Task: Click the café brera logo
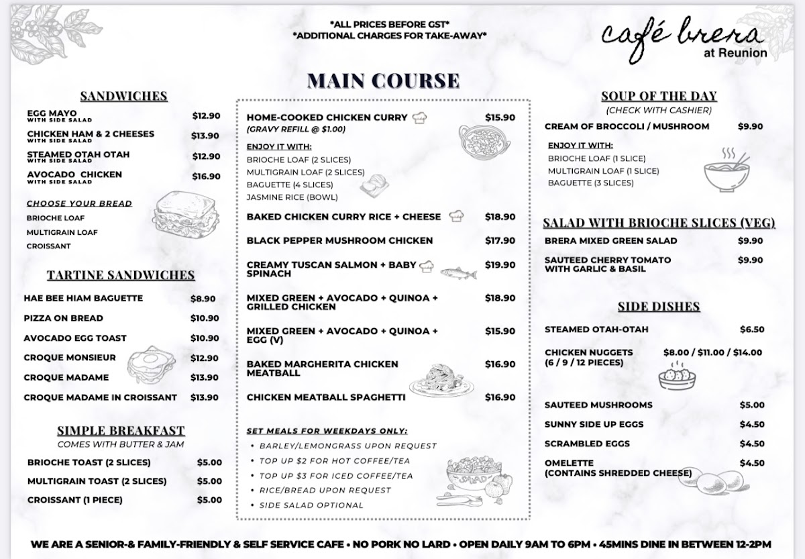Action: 682,40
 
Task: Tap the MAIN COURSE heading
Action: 383,81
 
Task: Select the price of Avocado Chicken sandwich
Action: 206,176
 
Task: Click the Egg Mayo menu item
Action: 52,113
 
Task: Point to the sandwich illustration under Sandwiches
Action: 181,214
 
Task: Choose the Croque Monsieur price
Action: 205,358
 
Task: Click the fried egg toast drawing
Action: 152,363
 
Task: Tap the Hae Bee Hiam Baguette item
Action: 83,299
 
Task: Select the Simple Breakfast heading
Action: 121,431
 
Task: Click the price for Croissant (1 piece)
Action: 209,500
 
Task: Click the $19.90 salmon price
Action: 500,265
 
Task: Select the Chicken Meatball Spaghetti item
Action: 326,397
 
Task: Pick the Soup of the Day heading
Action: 659,96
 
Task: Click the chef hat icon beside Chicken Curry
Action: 421,117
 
